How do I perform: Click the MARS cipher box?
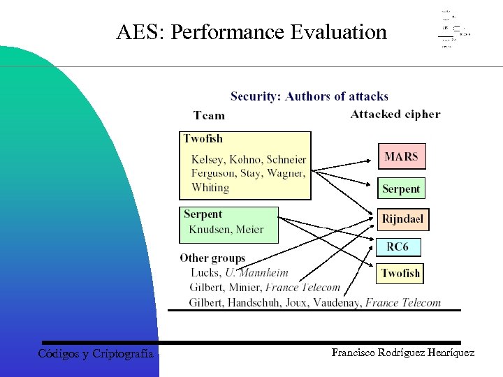pos(401,156)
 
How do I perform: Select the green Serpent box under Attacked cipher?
pos(401,188)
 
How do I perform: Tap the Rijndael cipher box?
pos(402,219)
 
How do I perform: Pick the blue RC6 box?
pos(398,247)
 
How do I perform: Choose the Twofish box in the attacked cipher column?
pos(400,273)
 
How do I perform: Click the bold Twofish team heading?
pos(203,138)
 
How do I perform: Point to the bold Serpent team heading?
pos(203,214)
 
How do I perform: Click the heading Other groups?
pos(212,258)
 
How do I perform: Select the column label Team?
pos(209,115)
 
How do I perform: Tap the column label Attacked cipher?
pos(395,114)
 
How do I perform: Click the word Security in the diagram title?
pos(255,96)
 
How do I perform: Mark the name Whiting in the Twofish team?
pos(210,187)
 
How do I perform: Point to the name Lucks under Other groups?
pos(205,272)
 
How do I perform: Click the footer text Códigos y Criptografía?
pos(96,354)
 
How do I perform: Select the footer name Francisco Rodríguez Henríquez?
pos(403,353)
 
